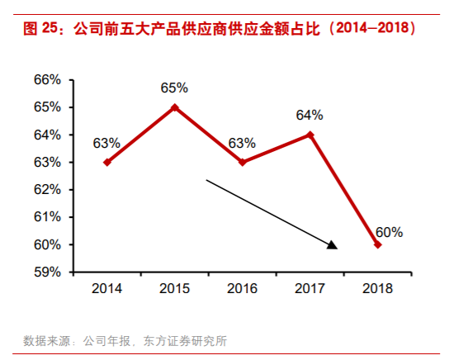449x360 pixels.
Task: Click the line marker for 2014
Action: click(x=107, y=162)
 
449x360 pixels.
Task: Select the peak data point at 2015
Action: click(x=175, y=107)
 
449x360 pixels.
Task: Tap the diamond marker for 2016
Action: click(x=243, y=162)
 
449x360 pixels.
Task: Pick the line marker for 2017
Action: click(x=310, y=135)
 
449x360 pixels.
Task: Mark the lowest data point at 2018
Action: click(x=378, y=244)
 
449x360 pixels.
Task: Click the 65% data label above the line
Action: click(x=175, y=87)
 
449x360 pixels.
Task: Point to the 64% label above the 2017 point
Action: click(x=310, y=115)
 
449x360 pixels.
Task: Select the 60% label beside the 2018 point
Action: click(x=389, y=232)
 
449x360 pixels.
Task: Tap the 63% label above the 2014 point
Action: click(x=107, y=142)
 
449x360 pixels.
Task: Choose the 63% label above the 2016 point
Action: click(x=243, y=142)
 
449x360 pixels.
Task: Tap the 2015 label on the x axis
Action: click(x=175, y=288)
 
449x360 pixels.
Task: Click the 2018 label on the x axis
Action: click(x=378, y=288)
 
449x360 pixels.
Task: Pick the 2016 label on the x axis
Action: click(x=243, y=288)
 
